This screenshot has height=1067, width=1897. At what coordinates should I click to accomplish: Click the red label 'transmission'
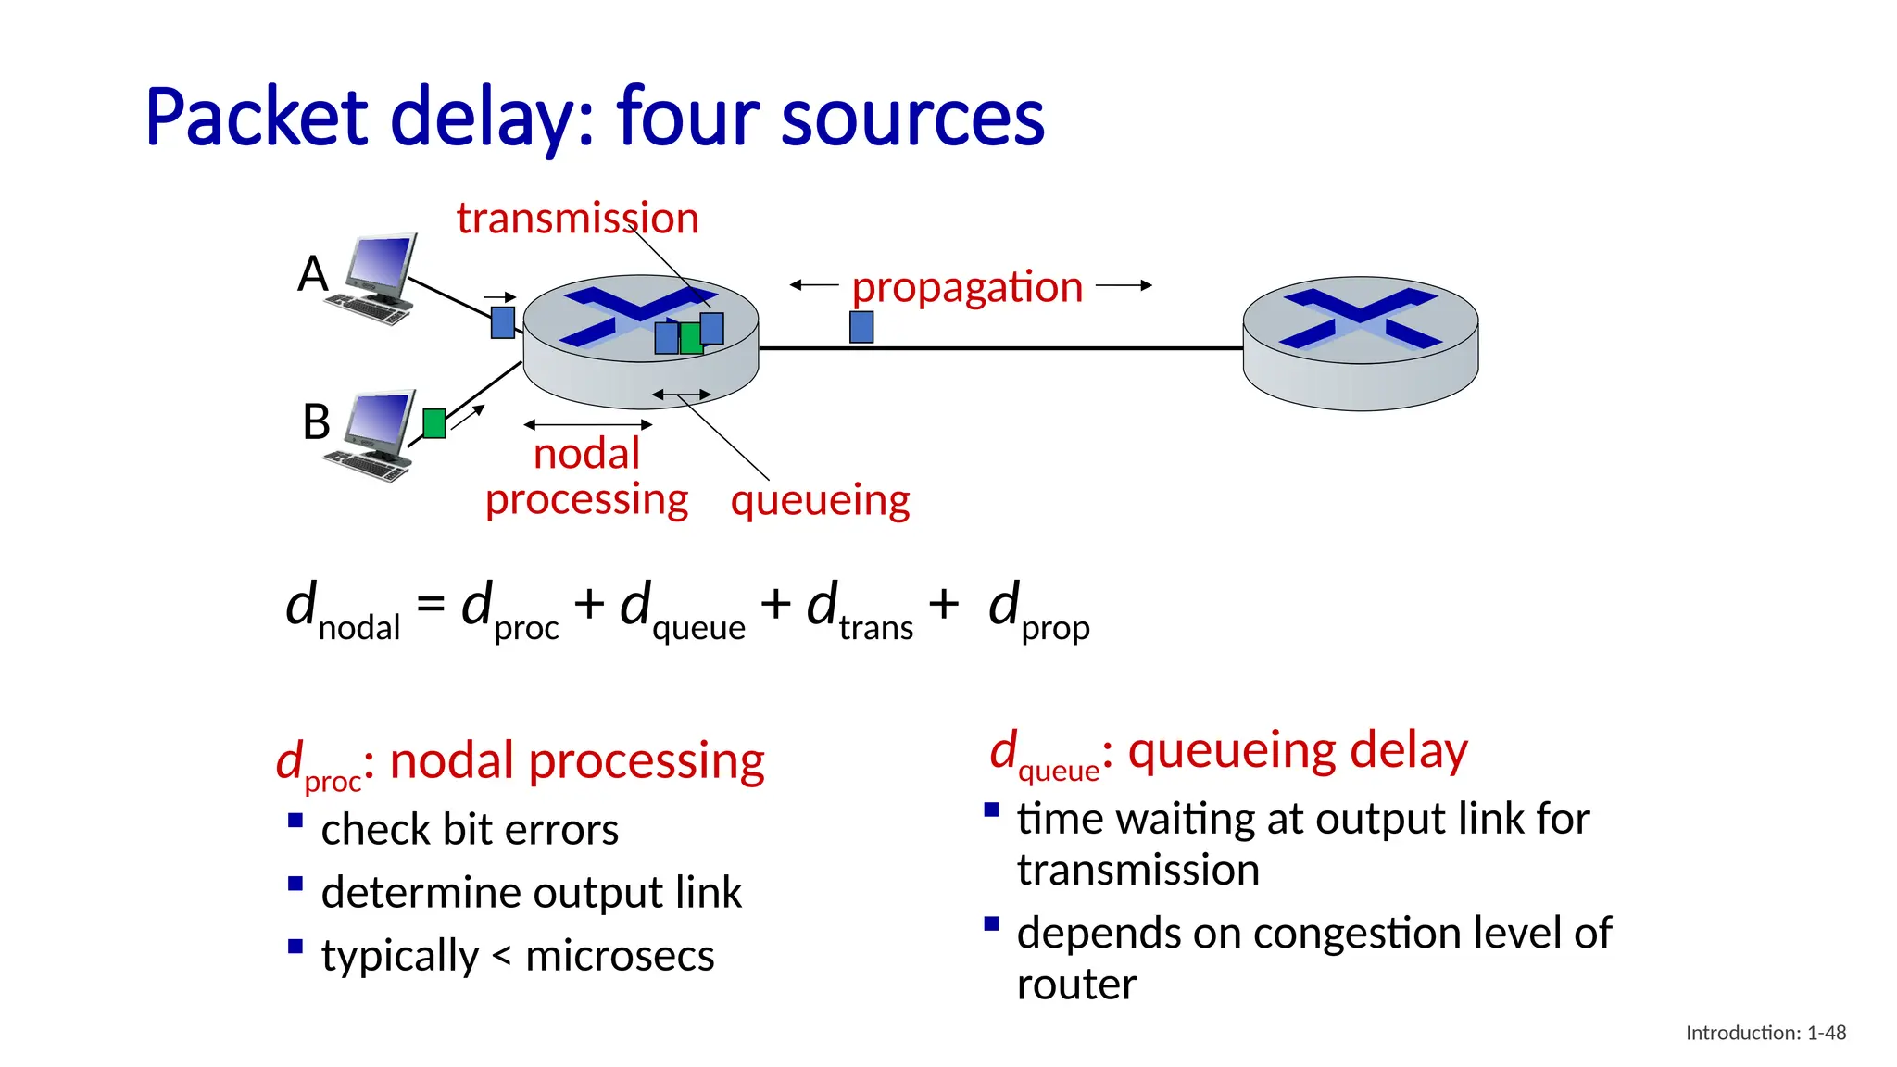(577, 219)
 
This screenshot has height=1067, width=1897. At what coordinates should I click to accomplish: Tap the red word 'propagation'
(967, 286)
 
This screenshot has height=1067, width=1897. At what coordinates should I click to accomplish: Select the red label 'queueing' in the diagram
(820, 500)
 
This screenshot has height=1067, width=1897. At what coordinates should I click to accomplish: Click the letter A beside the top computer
(313, 274)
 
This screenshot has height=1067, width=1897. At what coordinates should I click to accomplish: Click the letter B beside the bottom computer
(316, 421)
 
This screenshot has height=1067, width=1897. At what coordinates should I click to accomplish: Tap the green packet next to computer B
(433, 423)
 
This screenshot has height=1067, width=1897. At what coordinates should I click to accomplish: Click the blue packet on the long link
(861, 327)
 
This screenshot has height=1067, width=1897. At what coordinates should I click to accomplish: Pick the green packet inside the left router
(690, 338)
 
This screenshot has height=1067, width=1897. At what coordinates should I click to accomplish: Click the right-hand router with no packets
(1360, 343)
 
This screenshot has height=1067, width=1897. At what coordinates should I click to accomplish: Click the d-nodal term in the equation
(343, 611)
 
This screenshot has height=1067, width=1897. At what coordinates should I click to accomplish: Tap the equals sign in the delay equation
(431, 604)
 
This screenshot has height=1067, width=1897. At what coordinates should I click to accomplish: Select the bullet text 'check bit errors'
(470, 829)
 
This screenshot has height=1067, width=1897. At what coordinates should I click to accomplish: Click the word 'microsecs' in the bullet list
(620, 955)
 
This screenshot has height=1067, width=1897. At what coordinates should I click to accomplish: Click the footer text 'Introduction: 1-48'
(1765, 1033)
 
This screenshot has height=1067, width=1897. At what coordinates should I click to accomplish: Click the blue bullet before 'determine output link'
(295, 884)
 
